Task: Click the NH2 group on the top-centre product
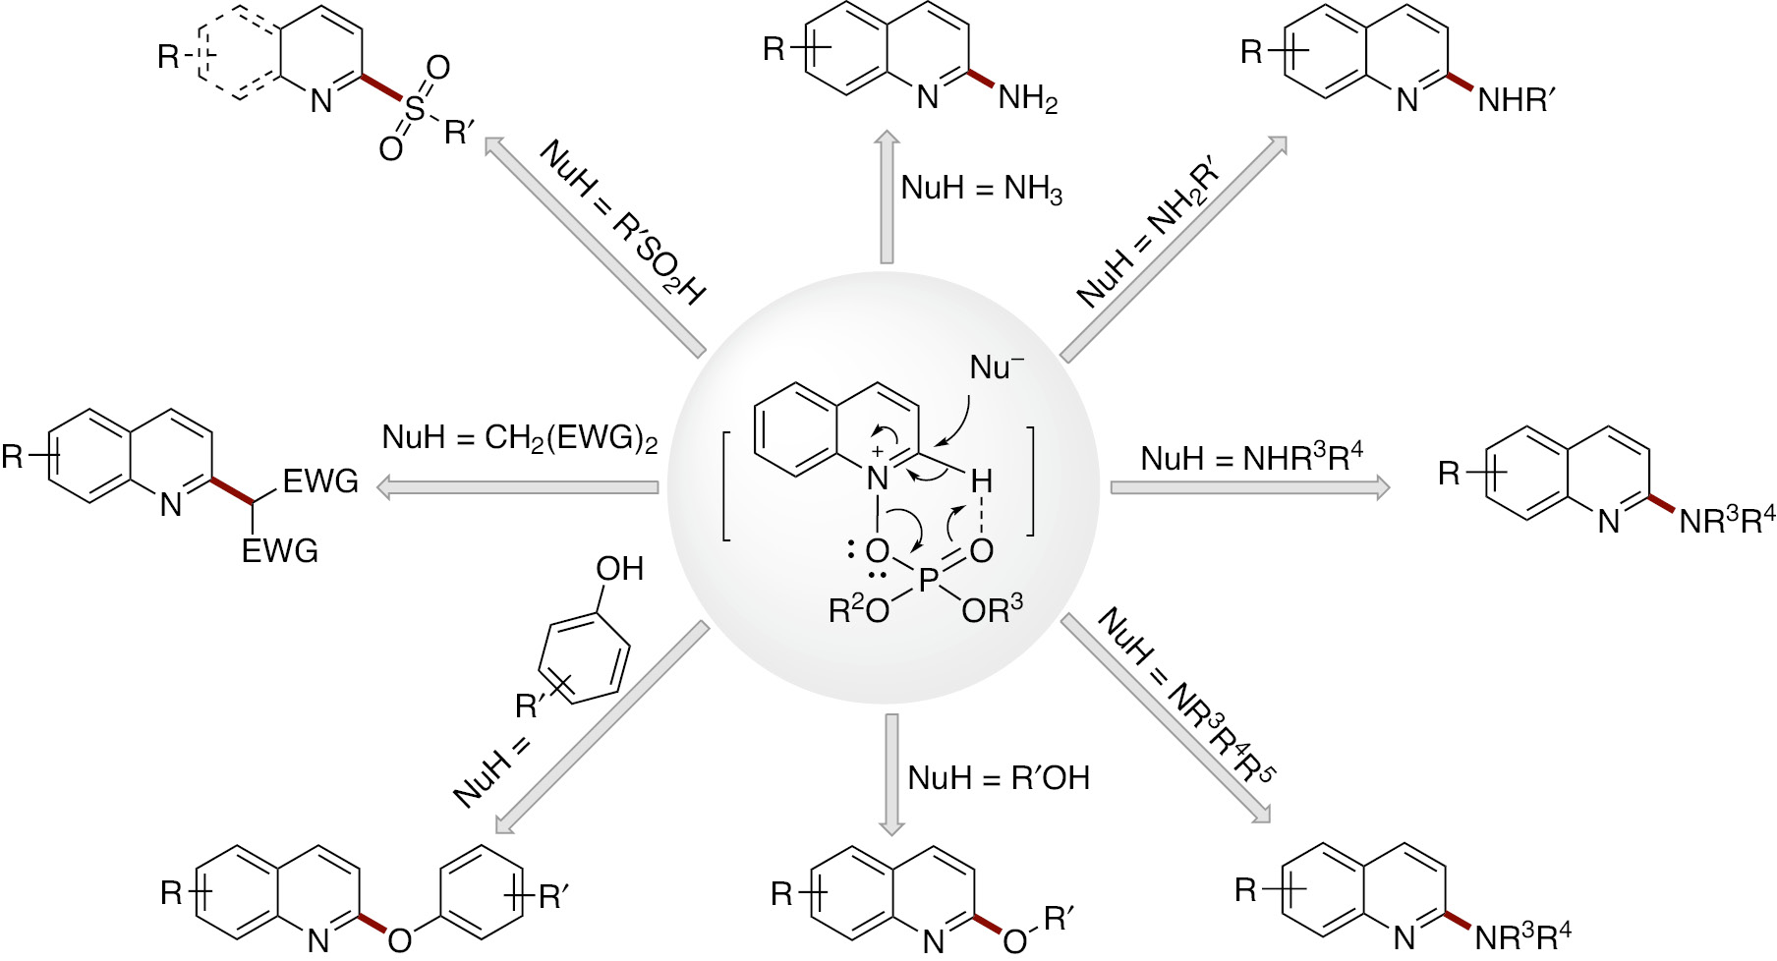click(1026, 98)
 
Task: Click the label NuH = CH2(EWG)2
click(519, 437)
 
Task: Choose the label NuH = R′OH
click(998, 778)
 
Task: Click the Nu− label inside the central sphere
click(996, 368)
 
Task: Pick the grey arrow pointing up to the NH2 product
click(888, 197)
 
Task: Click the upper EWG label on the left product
click(319, 481)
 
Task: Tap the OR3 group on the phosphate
click(993, 610)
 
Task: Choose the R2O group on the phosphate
click(858, 610)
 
